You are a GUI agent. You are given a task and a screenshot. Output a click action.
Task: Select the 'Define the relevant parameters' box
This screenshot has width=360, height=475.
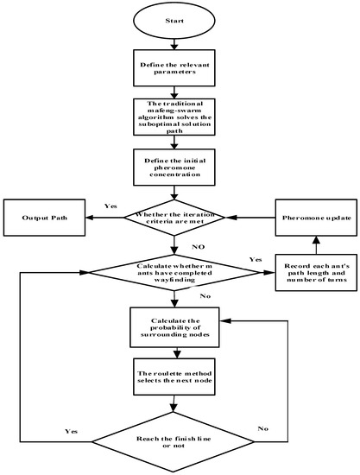(180, 66)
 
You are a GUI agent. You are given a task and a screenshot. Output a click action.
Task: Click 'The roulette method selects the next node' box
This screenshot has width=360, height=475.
(180, 377)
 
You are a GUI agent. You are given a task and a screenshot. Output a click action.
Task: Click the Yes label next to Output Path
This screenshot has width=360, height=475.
(110, 207)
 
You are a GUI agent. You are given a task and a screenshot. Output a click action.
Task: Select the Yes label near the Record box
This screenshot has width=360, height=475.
(255, 259)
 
